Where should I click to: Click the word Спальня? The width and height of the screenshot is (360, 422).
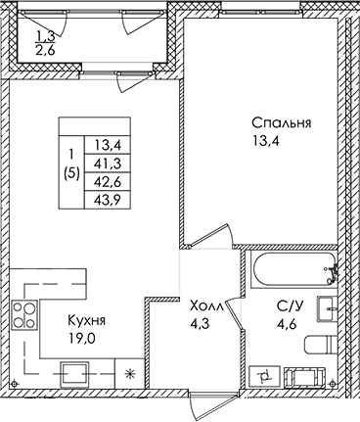[x=281, y=123]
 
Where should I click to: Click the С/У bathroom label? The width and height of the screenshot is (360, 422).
[x=291, y=306]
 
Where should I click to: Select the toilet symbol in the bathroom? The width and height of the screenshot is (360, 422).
[x=323, y=345]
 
